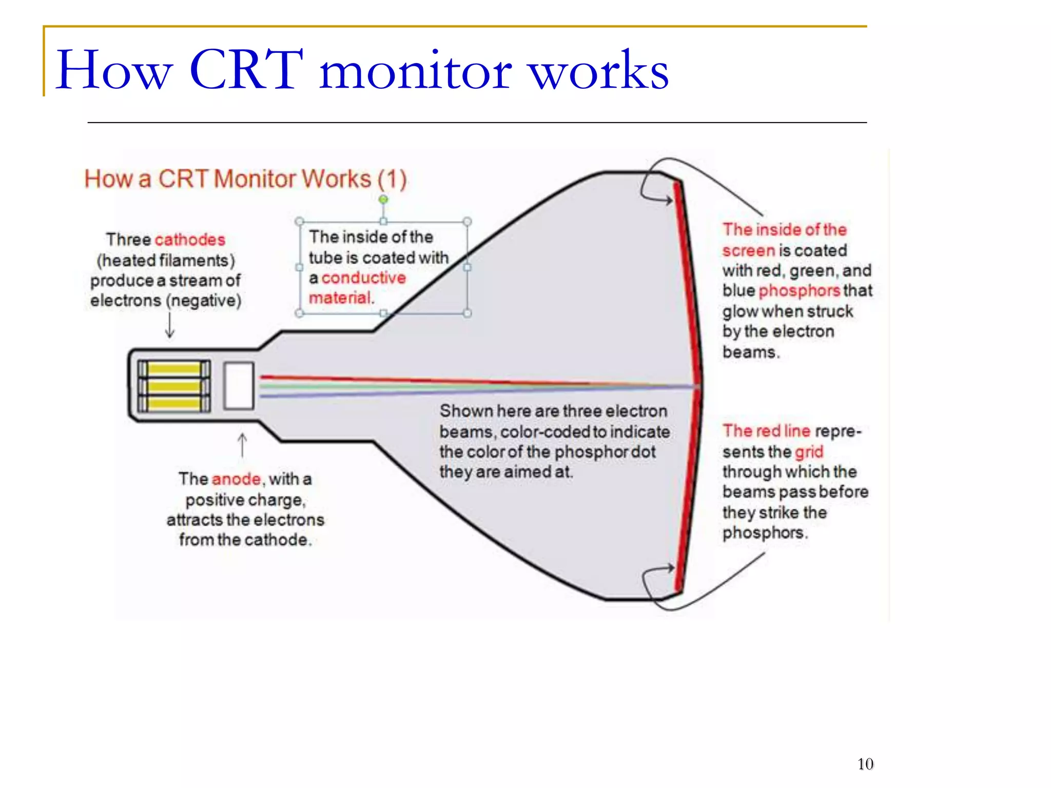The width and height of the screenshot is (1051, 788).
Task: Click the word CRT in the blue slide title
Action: (x=246, y=70)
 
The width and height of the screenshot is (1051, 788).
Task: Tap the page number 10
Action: (x=865, y=764)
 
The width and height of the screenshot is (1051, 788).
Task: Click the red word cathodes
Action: (x=190, y=240)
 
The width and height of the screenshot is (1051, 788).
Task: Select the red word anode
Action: (x=236, y=479)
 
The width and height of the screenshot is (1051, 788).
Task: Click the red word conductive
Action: (x=363, y=278)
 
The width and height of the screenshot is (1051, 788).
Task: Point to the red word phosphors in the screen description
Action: (x=799, y=291)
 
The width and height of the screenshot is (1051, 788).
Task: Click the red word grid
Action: (x=809, y=452)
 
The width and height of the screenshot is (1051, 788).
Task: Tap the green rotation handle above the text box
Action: (x=383, y=199)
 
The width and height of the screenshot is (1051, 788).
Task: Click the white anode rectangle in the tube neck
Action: (x=239, y=385)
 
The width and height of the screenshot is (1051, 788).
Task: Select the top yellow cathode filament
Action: (x=174, y=368)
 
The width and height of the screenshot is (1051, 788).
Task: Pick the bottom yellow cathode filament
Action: (x=174, y=403)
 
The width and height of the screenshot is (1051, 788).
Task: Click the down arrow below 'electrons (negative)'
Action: (x=170, y=326)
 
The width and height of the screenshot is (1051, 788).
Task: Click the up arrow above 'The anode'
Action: (x=242, y=444)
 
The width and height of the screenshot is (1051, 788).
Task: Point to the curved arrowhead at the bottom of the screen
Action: (x=670, y=568)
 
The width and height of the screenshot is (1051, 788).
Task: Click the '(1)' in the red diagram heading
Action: (x=392, y=179)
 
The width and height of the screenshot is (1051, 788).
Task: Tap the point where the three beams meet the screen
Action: (x=698, y=386)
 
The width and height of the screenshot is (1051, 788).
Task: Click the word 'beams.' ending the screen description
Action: (x=750, y=352)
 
